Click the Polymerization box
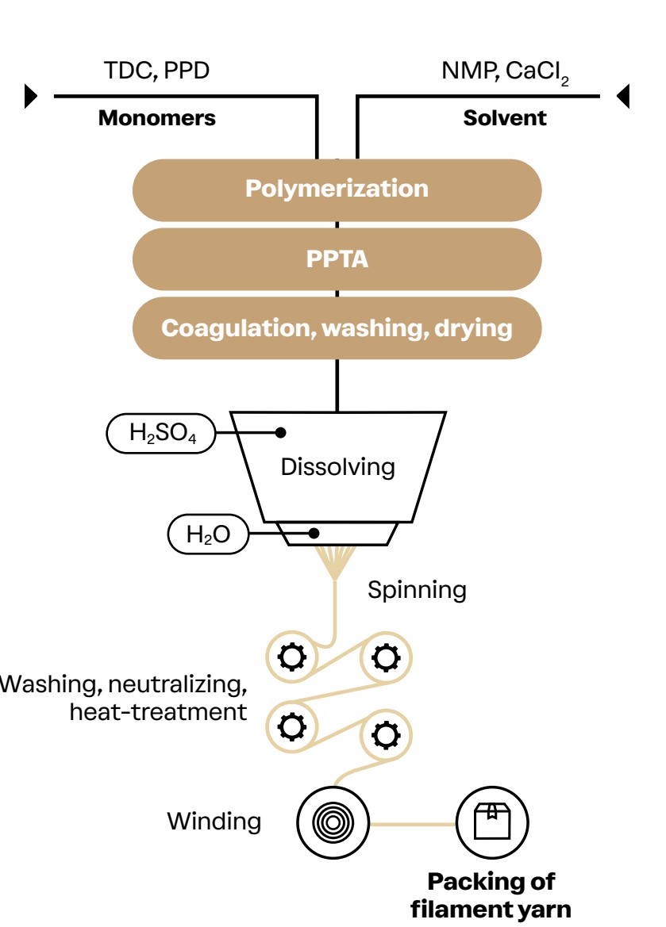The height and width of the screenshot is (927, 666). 337,190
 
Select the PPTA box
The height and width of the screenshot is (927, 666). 337,259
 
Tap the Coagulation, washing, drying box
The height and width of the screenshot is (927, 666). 337,328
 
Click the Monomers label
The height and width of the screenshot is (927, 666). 156,119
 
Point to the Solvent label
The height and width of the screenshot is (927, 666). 505,119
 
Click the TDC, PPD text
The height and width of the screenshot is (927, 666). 156,71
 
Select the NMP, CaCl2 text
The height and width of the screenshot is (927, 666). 504,72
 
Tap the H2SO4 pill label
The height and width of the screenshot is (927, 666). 160,434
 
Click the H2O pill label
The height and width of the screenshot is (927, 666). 208,535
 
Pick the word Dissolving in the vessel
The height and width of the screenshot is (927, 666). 337,466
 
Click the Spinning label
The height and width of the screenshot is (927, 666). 417,590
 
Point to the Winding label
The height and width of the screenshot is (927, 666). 214,821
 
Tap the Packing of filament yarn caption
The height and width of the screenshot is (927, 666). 491,894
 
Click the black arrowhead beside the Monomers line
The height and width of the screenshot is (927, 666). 31,96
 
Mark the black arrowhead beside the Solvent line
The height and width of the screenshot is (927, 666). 623,96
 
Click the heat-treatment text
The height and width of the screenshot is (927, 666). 158,711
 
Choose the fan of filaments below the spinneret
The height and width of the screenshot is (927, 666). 337,560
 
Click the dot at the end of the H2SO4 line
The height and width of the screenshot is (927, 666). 280,432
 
